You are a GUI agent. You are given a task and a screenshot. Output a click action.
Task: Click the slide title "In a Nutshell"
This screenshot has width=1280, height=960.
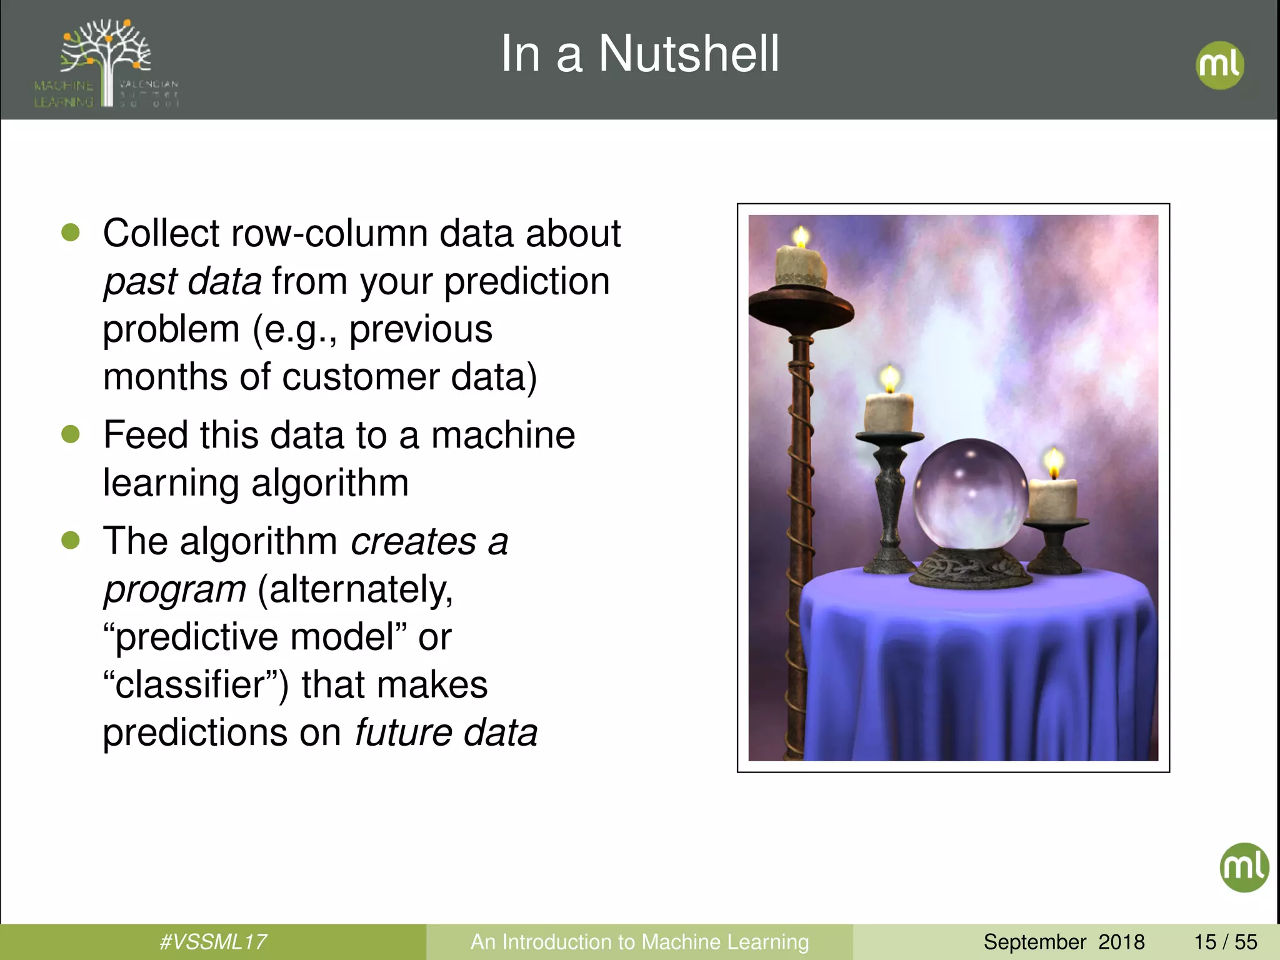(639, 54)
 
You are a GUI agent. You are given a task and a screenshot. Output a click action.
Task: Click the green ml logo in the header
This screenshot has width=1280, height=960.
(1219, 65)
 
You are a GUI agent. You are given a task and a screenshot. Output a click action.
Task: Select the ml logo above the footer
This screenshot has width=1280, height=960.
(1244, 867)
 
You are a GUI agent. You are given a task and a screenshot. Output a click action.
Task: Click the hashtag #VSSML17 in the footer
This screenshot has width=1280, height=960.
(213, 941)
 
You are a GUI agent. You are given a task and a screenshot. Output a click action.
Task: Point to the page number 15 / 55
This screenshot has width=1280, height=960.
(1225, 941)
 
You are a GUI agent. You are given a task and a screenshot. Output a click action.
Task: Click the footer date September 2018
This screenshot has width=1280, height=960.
(1064, 941)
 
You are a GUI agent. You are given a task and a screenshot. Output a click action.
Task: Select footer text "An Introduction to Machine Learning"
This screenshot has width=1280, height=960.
(639, 941)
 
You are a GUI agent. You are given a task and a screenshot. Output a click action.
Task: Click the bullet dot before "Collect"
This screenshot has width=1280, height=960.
(71, 232)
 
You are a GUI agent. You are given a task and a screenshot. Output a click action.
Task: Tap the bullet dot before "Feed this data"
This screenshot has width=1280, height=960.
(71, 434)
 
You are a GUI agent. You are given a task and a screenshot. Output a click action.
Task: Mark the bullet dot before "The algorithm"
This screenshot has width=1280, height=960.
(71, 540)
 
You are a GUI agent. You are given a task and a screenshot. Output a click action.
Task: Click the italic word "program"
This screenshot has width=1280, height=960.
(175, 590)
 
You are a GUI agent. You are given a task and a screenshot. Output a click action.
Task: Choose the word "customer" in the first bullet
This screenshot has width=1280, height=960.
(361, 377)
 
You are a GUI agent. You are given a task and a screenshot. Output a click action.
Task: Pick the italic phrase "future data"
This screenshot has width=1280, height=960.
(446, 732)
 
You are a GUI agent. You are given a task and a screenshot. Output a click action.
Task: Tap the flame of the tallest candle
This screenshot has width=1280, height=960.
(801, 237)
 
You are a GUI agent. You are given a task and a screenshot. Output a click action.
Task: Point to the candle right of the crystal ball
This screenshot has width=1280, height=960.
(1052, 499)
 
